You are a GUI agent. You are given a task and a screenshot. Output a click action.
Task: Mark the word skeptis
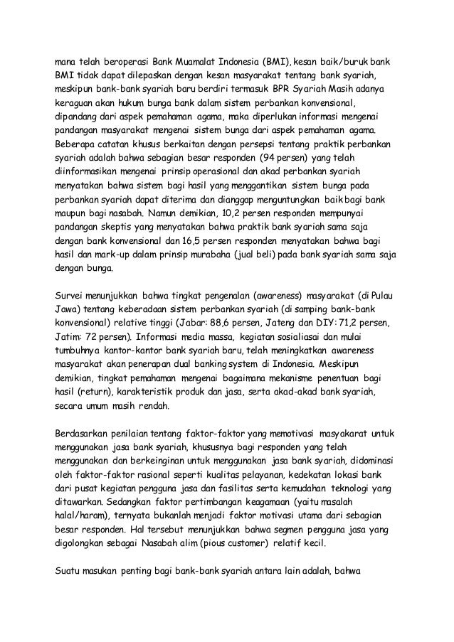click(130, 226)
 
